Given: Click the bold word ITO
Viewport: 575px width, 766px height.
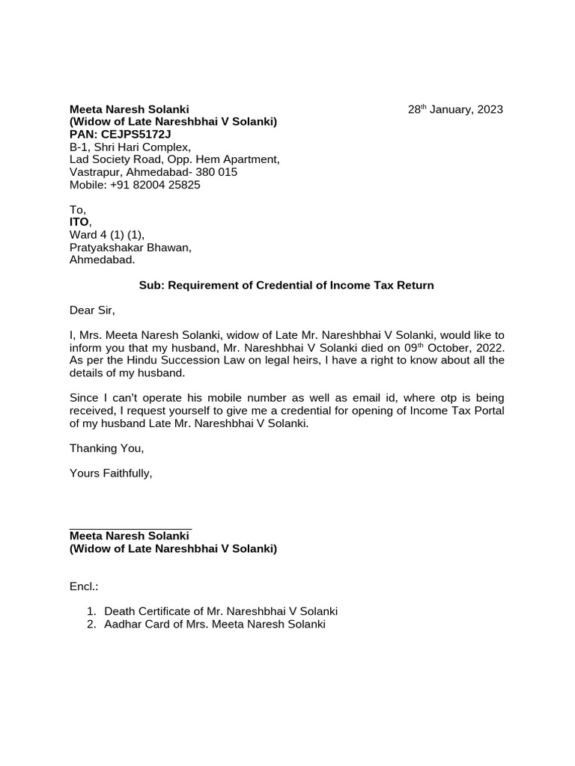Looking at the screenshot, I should [79, 223].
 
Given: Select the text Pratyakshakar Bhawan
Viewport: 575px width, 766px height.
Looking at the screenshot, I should [130, 248].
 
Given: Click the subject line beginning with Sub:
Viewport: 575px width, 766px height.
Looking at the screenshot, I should [287, 285].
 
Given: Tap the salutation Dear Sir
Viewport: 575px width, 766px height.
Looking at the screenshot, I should [93, 310].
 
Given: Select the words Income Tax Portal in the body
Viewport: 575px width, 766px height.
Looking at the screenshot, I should [460, 411].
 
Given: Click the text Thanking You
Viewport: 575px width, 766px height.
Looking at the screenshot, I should [106, 448].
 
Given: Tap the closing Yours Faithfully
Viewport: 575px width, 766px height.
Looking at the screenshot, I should [111, 474].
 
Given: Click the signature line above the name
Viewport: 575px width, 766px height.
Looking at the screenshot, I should [130, 528].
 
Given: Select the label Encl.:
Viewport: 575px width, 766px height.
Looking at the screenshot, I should [84, 586].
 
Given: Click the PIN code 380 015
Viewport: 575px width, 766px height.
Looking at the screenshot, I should [217, 172].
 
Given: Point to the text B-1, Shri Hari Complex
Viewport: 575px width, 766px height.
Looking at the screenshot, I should [130, 147].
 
